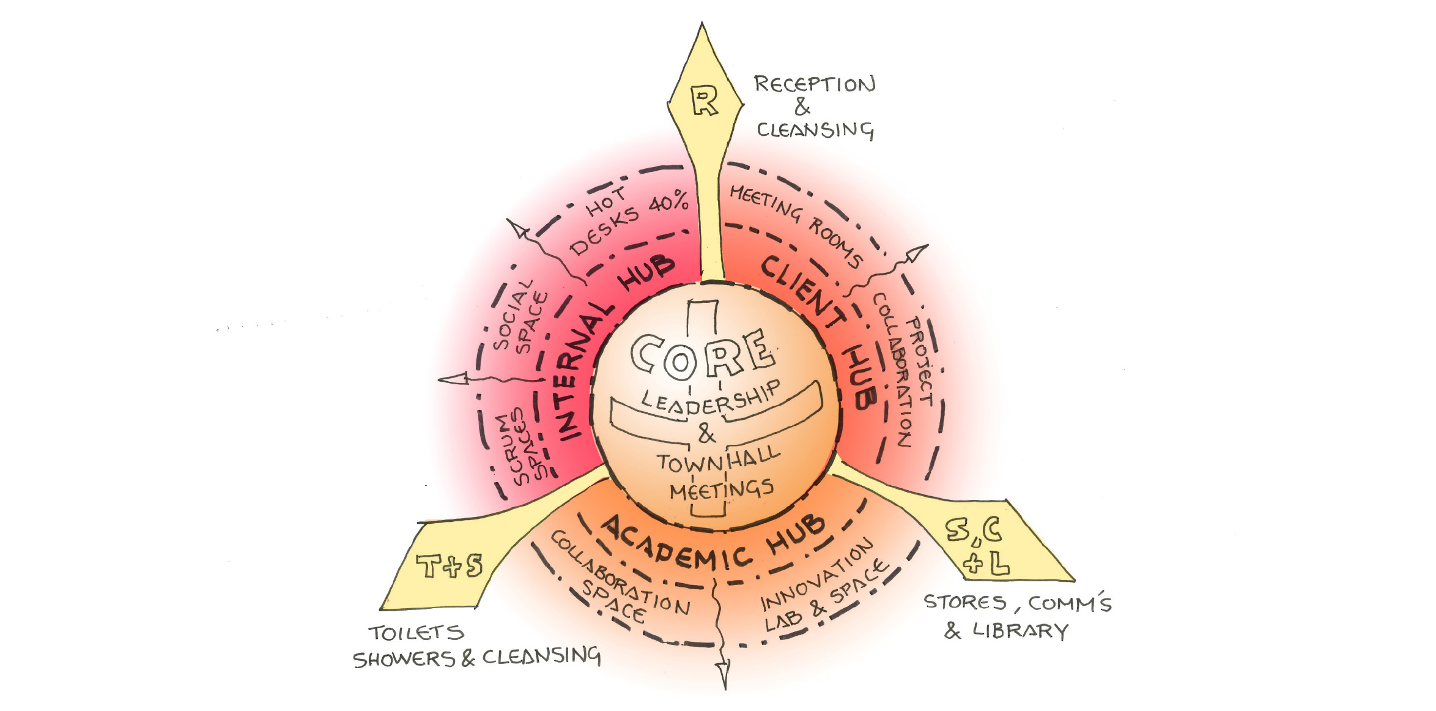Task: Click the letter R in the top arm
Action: pos(705,101)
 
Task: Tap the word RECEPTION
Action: pos(814,84)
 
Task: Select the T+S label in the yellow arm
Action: pos(450,566)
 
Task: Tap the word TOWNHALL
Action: pos(719,459)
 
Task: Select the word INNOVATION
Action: pos(817,575)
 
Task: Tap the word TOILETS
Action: pos(416,633)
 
